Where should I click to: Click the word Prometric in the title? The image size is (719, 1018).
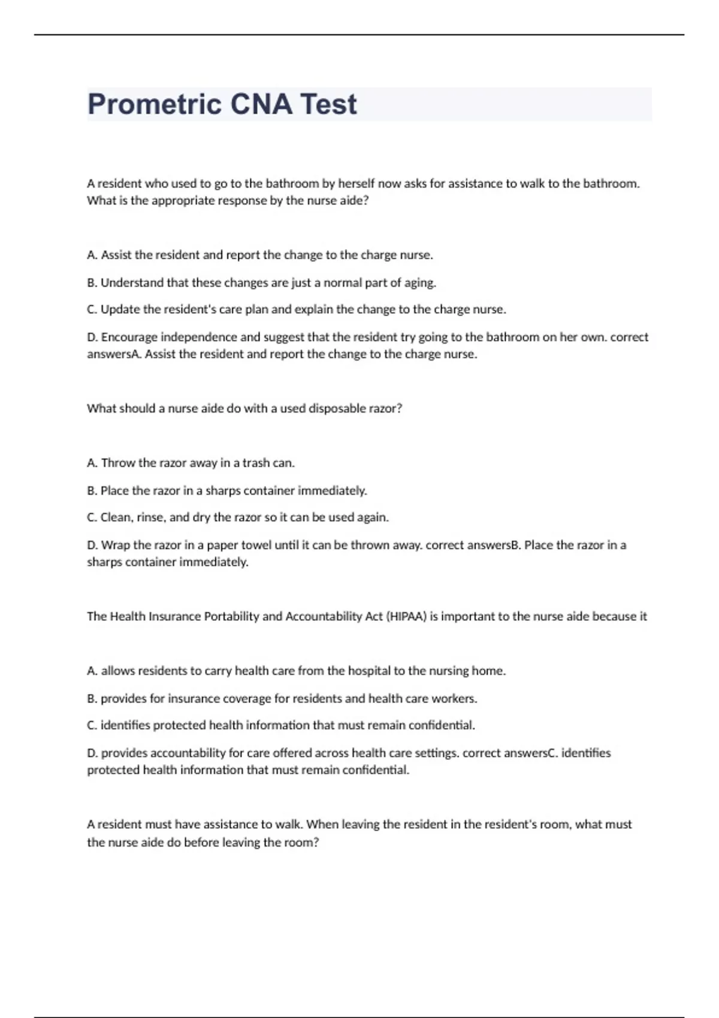154,104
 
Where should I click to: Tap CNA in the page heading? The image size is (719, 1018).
261,104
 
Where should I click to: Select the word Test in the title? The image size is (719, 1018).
328,104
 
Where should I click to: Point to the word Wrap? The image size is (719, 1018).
116,545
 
